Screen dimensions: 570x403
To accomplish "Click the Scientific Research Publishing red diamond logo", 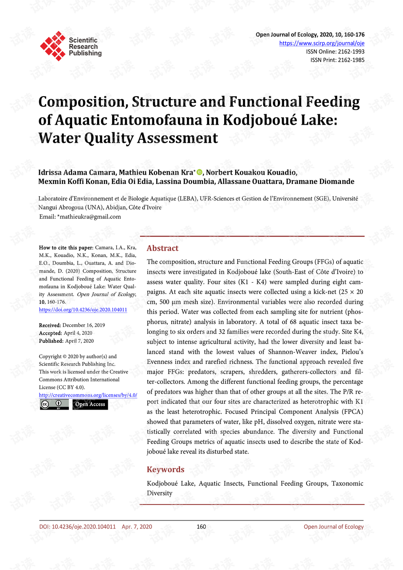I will (52, 46).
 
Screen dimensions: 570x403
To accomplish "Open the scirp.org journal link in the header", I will (322, 43).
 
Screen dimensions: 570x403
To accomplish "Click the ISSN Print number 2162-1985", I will (351, 60).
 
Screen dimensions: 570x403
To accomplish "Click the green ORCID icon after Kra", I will (200, 172).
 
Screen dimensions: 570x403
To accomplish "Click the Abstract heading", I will (162, 248).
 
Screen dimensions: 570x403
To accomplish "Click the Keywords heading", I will (165, 469).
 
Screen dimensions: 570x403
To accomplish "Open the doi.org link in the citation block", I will (83, 310).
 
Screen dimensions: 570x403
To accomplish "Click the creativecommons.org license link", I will (88, 395).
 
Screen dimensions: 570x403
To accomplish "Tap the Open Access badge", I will (90, 404).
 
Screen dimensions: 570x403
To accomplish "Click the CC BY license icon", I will (54, 404).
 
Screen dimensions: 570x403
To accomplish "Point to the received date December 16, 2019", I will (84, 325).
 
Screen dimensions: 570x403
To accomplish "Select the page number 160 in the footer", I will (201, 527).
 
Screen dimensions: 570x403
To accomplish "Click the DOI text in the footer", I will (77, 527).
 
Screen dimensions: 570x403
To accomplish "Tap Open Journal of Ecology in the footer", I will (334, 527).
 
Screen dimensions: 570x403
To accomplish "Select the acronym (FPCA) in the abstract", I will (353, 412).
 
